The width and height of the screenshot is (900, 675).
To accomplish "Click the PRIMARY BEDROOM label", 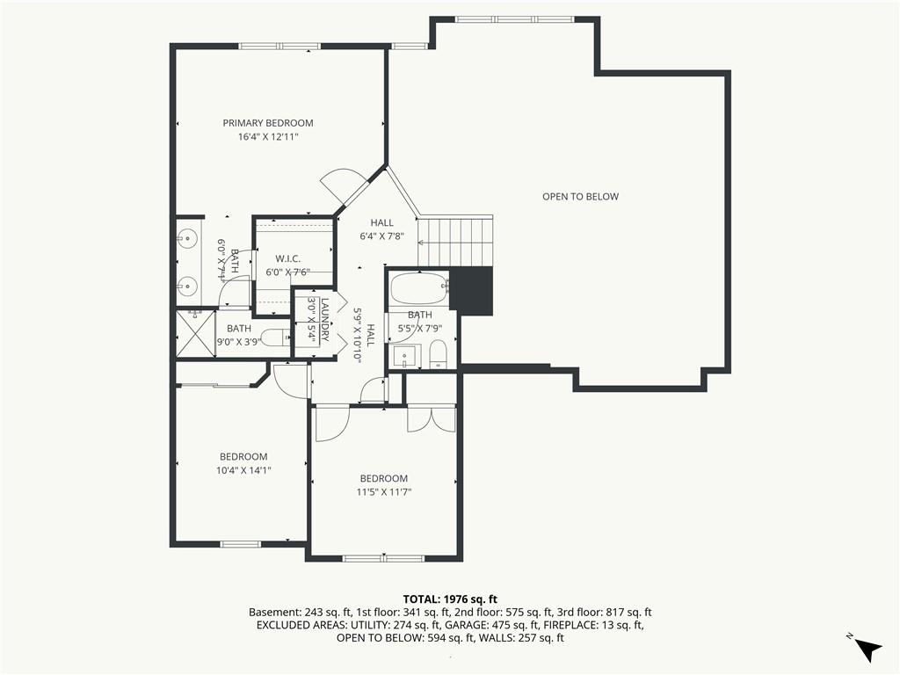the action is click(x=268, y=123).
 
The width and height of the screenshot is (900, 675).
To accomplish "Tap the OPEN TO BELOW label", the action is click(x=580, y=196).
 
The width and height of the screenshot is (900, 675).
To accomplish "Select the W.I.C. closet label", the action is click(x=287, y=259).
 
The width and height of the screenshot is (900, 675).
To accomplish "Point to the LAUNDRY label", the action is click(x=325, y=320).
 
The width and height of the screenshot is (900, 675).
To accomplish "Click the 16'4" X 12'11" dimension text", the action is click(x=268, y=136).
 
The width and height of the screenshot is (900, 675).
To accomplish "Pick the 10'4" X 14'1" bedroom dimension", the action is click(x=243, y=471).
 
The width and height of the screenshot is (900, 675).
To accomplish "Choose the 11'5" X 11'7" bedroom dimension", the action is click(x=384, y=492).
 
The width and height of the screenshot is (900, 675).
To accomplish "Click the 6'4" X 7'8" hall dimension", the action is click(x=381, y=236).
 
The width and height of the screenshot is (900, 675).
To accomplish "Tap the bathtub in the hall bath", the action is click(x=418, y=288).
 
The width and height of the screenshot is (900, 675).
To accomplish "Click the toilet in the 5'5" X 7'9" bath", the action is click(x=438, y=354).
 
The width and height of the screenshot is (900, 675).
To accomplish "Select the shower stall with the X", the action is click(x=194, y=333).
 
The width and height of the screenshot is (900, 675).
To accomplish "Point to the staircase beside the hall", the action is click(x=455, y=241).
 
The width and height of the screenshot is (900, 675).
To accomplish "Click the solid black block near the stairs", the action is click(x=471, y=290).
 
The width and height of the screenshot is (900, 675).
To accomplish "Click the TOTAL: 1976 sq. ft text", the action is click(x=450, y=600).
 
